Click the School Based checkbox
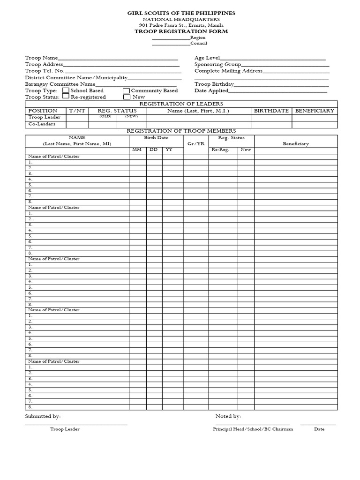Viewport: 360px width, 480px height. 66,90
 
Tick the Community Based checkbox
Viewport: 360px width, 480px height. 126,91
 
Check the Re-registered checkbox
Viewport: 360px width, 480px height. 66,97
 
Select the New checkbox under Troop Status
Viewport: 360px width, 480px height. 127,97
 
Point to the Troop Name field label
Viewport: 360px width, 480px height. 42,58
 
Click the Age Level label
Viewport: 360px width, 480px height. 207,58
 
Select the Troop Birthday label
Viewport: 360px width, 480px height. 214,84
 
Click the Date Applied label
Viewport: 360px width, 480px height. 211,90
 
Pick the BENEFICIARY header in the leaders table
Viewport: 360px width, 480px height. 315,111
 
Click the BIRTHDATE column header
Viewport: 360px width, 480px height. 271,111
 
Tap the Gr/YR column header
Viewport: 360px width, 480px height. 196,143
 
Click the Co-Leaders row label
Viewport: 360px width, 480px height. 42,124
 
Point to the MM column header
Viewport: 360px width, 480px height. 137,150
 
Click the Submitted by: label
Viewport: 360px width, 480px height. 43,416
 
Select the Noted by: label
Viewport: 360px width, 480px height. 228,416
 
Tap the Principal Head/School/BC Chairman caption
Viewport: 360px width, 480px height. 253,429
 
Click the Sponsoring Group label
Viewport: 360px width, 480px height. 218,64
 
